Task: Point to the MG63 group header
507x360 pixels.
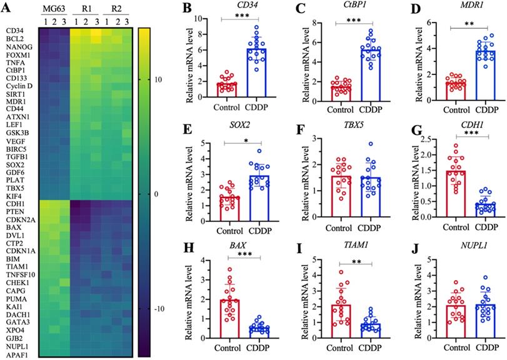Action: [x=53, y=11]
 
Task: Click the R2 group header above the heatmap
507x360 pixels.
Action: [x=116, y=11]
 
